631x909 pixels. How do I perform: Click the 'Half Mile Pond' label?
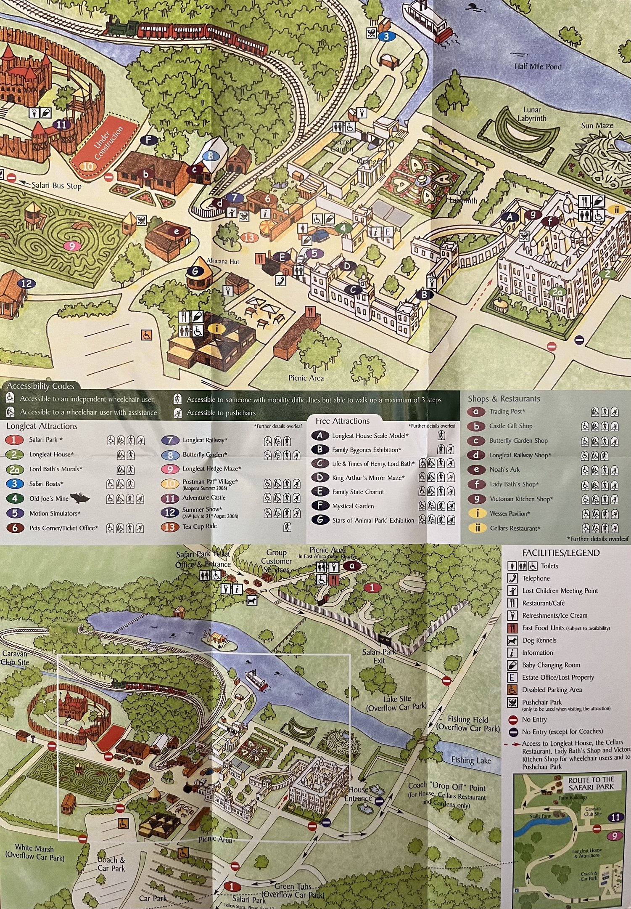point(538,66)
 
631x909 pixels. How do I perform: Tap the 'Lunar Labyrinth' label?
point(532,114)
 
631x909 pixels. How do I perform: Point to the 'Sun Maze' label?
point(597,125)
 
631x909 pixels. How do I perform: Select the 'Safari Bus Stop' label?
point(56,186)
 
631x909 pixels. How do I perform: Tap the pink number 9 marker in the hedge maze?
point(71,246)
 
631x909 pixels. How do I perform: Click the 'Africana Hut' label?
point(223,261)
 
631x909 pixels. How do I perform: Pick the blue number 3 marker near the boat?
point(386,37)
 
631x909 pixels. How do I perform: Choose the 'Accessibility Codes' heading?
point(40,386)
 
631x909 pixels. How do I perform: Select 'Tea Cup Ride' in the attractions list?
point(199,526)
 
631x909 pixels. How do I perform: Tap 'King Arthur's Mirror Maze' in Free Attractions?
point(368,478)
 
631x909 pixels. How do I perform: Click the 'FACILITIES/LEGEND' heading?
point(561,553)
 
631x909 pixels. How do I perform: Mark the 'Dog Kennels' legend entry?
point(539,640)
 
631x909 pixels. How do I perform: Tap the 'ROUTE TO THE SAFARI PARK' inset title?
point(591,783)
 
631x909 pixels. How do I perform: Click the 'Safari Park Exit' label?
point(379,656)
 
